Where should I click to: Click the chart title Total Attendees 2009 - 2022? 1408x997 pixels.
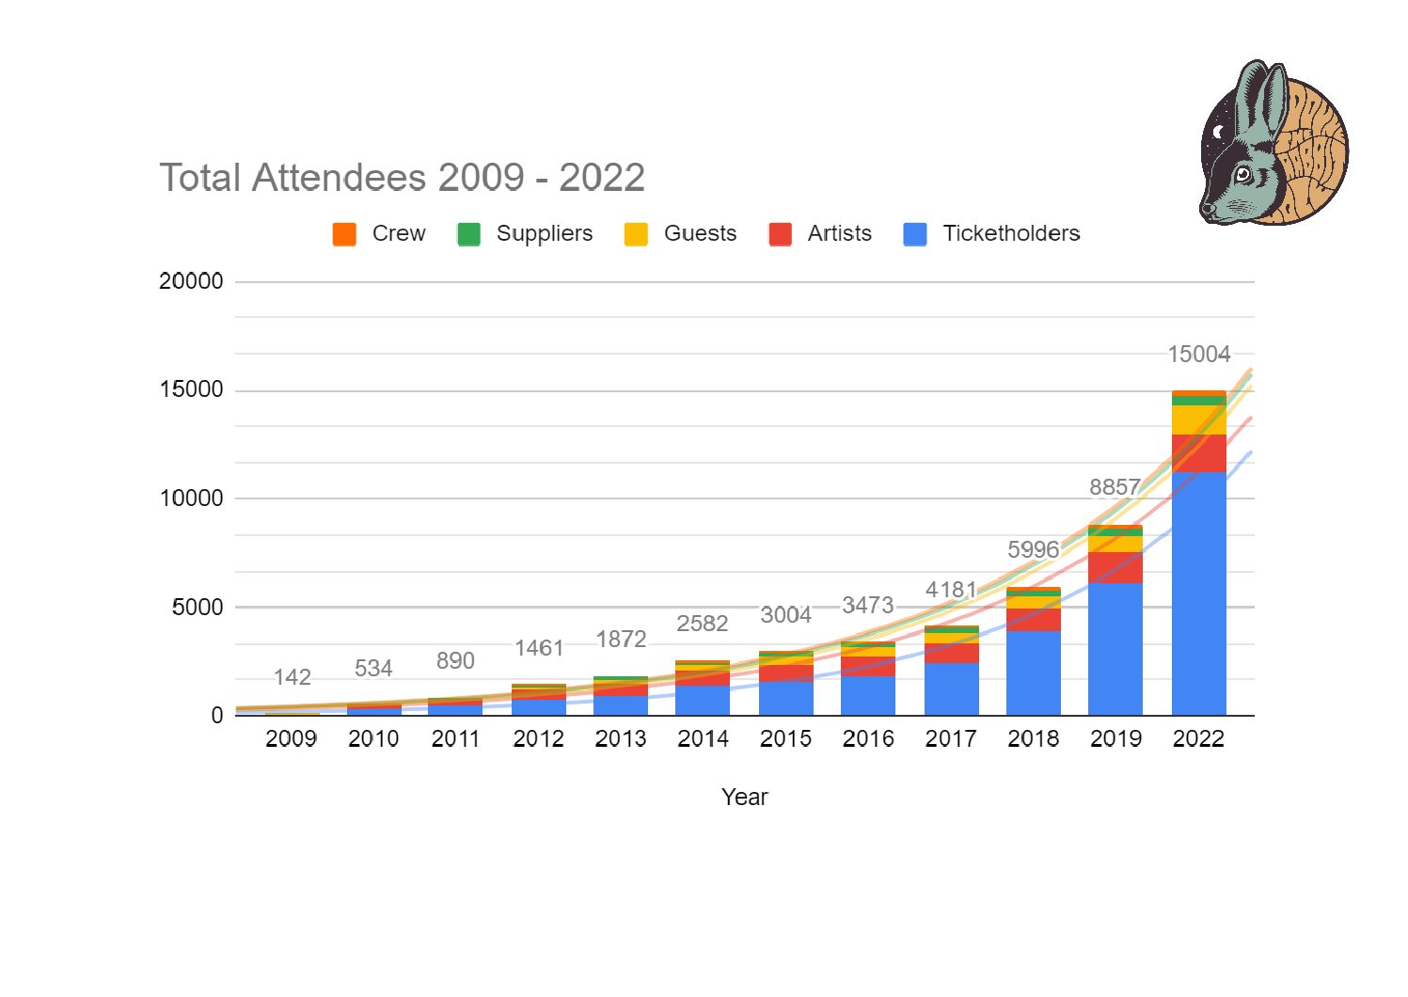402,178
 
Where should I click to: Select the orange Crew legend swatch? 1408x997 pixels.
344,234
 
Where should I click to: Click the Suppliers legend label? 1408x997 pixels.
544,233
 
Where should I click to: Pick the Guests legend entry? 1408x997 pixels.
700,233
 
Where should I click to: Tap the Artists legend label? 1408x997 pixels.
839,233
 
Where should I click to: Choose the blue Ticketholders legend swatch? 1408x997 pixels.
914,234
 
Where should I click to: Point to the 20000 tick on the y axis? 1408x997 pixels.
191,281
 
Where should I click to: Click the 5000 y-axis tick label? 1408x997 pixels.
198,608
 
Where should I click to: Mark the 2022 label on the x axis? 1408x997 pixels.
1198,739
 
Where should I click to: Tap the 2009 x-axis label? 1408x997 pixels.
291,739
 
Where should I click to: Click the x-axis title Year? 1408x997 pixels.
744,798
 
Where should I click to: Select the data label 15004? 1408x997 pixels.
1198,355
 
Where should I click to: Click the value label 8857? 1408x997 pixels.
1115,487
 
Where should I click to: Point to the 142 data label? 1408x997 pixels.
292,677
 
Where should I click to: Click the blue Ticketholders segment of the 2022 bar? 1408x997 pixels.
1198,593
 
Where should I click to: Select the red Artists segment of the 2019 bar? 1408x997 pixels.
1115,567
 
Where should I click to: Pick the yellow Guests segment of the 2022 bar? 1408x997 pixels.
1198,419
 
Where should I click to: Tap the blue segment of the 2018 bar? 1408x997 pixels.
1033,673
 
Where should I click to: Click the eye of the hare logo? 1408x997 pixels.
1243,174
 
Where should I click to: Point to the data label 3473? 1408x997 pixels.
867,605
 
